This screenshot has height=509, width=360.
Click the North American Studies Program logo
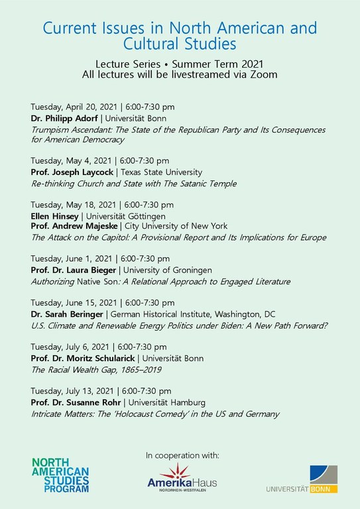(x=60, y=475)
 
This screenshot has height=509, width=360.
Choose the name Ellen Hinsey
(x=54, y=216)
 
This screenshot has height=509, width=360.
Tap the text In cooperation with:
(x=182, y=455)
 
